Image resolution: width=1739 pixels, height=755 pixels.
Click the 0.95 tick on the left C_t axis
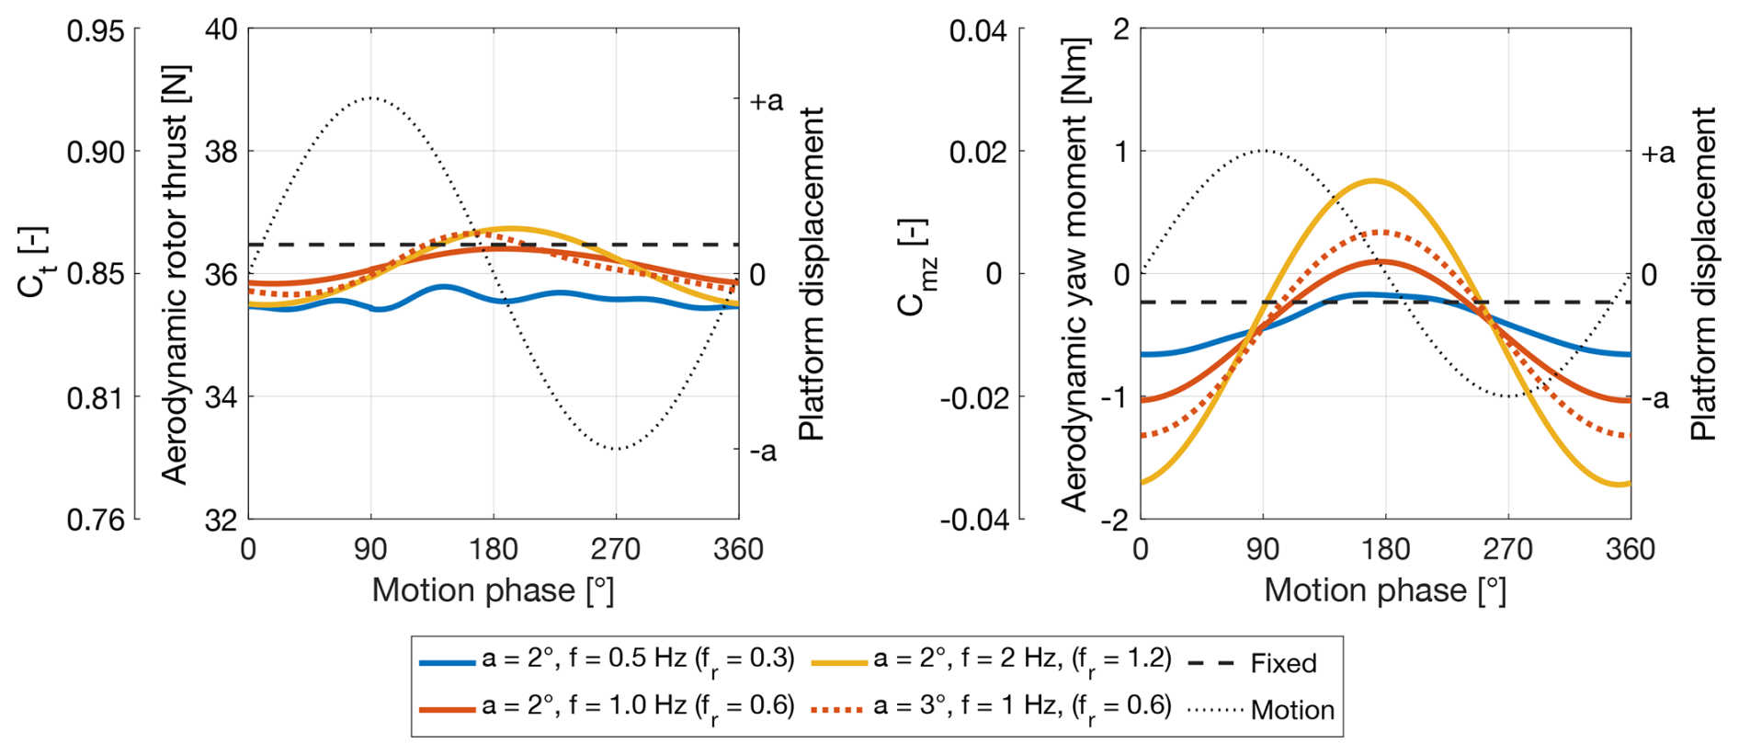click(x=95, y=31)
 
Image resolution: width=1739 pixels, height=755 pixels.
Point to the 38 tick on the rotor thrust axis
click(x=221, y=152)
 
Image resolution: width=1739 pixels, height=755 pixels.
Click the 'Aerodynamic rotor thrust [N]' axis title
click(x=175, y=274)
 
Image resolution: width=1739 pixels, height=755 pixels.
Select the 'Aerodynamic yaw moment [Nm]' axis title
click(x=1074, y=274)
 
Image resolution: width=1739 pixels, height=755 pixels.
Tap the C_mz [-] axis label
click(x=915, y=268)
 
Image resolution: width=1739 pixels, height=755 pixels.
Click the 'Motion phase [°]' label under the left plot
click(x=493, y=590)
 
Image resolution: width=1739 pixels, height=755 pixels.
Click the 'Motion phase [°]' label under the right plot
click(x=1385, y=590)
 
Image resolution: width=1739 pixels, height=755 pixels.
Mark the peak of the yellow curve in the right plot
click(x=1373, y=180)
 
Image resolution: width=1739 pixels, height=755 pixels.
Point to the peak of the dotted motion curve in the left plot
click(x=370, y=97)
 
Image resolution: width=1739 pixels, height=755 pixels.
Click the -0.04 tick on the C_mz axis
click(x=973, y=520)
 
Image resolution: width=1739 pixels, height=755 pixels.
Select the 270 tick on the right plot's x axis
click(x=1507, y=550)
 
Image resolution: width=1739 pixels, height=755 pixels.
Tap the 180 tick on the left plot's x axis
click(x=494, y=550)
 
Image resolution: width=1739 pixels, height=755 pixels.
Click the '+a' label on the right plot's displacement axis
click(x=1658, y=153)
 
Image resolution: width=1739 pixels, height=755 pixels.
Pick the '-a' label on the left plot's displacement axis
click(x=763, y=451)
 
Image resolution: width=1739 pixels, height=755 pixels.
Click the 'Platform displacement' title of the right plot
click(x=1703, y=274)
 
